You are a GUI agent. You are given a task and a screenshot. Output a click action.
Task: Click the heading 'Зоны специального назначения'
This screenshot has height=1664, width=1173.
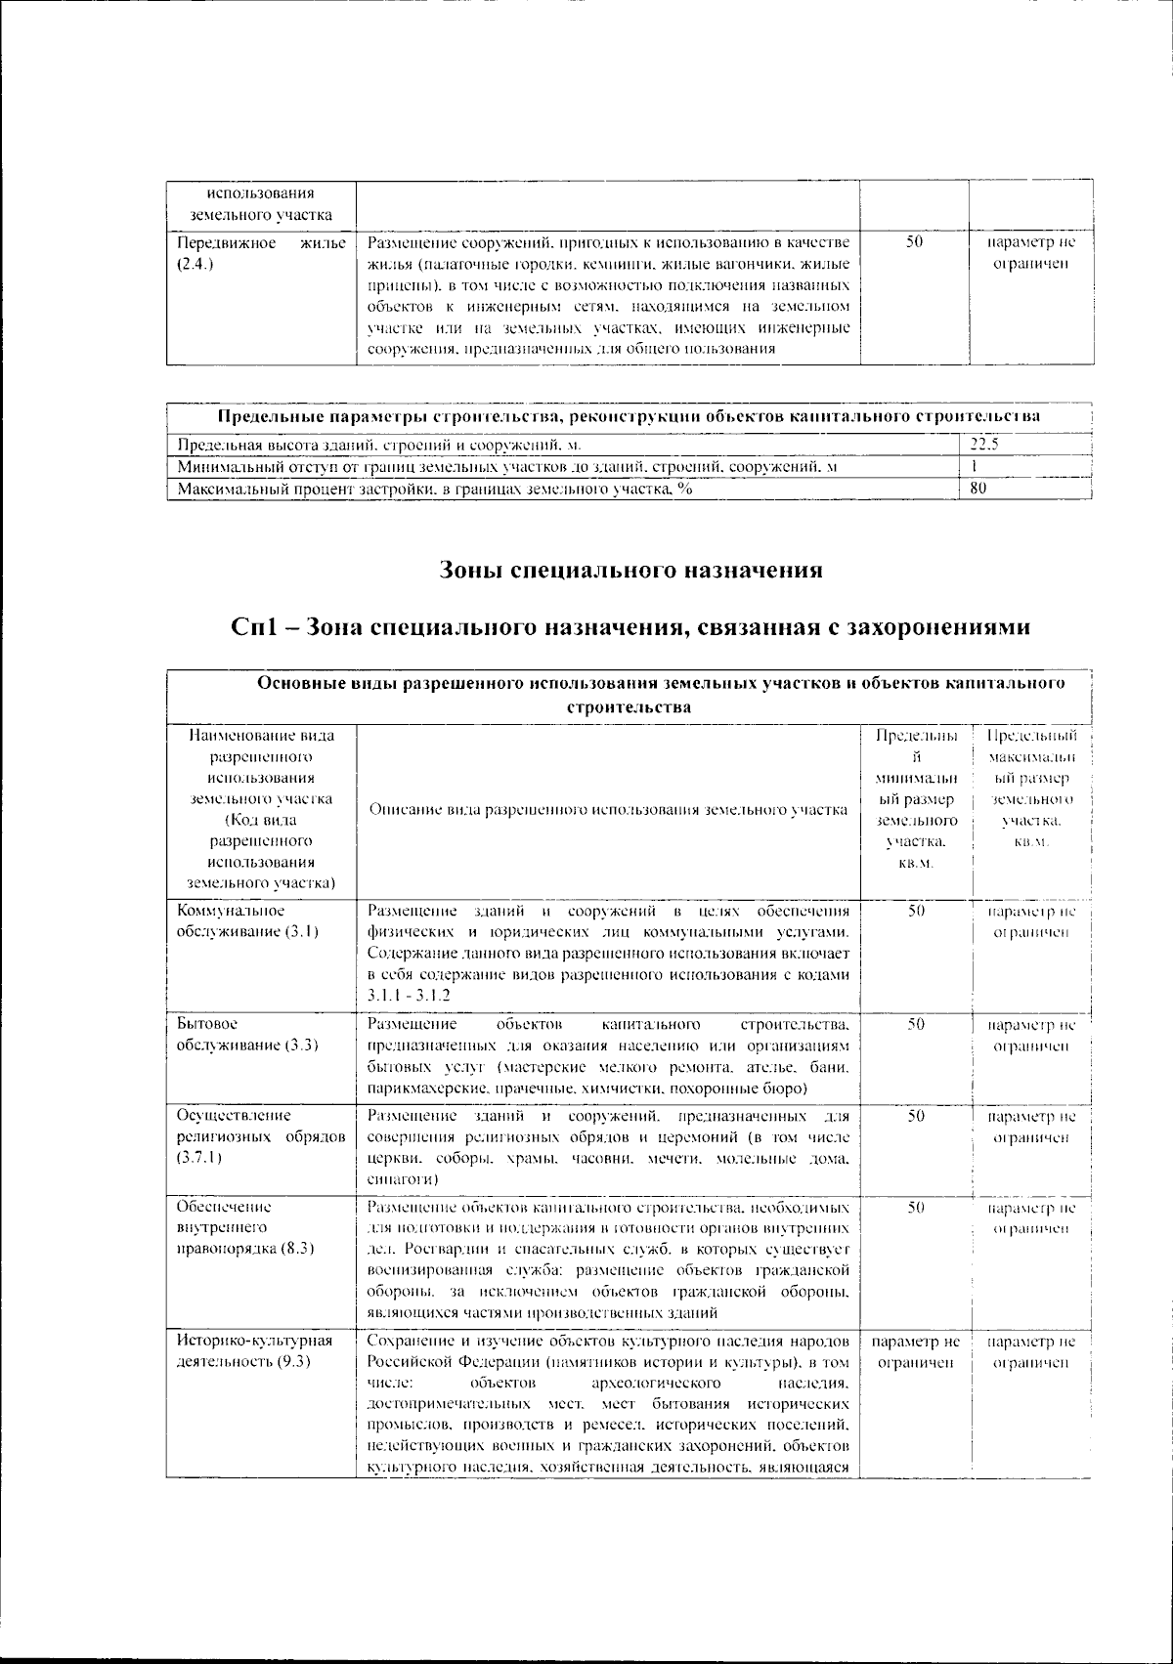[630, 570]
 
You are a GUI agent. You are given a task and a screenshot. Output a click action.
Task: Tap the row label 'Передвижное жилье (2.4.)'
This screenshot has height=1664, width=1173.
[260, 252]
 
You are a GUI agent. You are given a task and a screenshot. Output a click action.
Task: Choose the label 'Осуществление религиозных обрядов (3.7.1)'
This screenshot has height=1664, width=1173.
[260, 1136]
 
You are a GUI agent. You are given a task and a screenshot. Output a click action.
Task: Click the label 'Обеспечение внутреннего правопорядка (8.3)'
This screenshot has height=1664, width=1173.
[246, 1228]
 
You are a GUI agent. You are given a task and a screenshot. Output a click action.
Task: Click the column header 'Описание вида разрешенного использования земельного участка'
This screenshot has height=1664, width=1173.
[607, 810]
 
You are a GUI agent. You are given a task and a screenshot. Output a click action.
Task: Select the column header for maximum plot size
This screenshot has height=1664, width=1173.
[1032, 789]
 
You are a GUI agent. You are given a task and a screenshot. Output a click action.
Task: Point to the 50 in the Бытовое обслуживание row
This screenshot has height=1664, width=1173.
[916, 1024]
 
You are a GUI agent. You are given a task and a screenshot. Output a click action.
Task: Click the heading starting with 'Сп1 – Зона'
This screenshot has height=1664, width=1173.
[630, 626]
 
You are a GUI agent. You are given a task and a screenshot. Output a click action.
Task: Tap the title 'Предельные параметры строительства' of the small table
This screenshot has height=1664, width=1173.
[628, 416]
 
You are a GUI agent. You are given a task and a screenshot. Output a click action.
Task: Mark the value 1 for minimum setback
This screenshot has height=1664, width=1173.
[974, 467]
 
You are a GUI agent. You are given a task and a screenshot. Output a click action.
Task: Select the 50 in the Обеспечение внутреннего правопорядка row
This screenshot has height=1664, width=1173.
[916, 1208]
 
